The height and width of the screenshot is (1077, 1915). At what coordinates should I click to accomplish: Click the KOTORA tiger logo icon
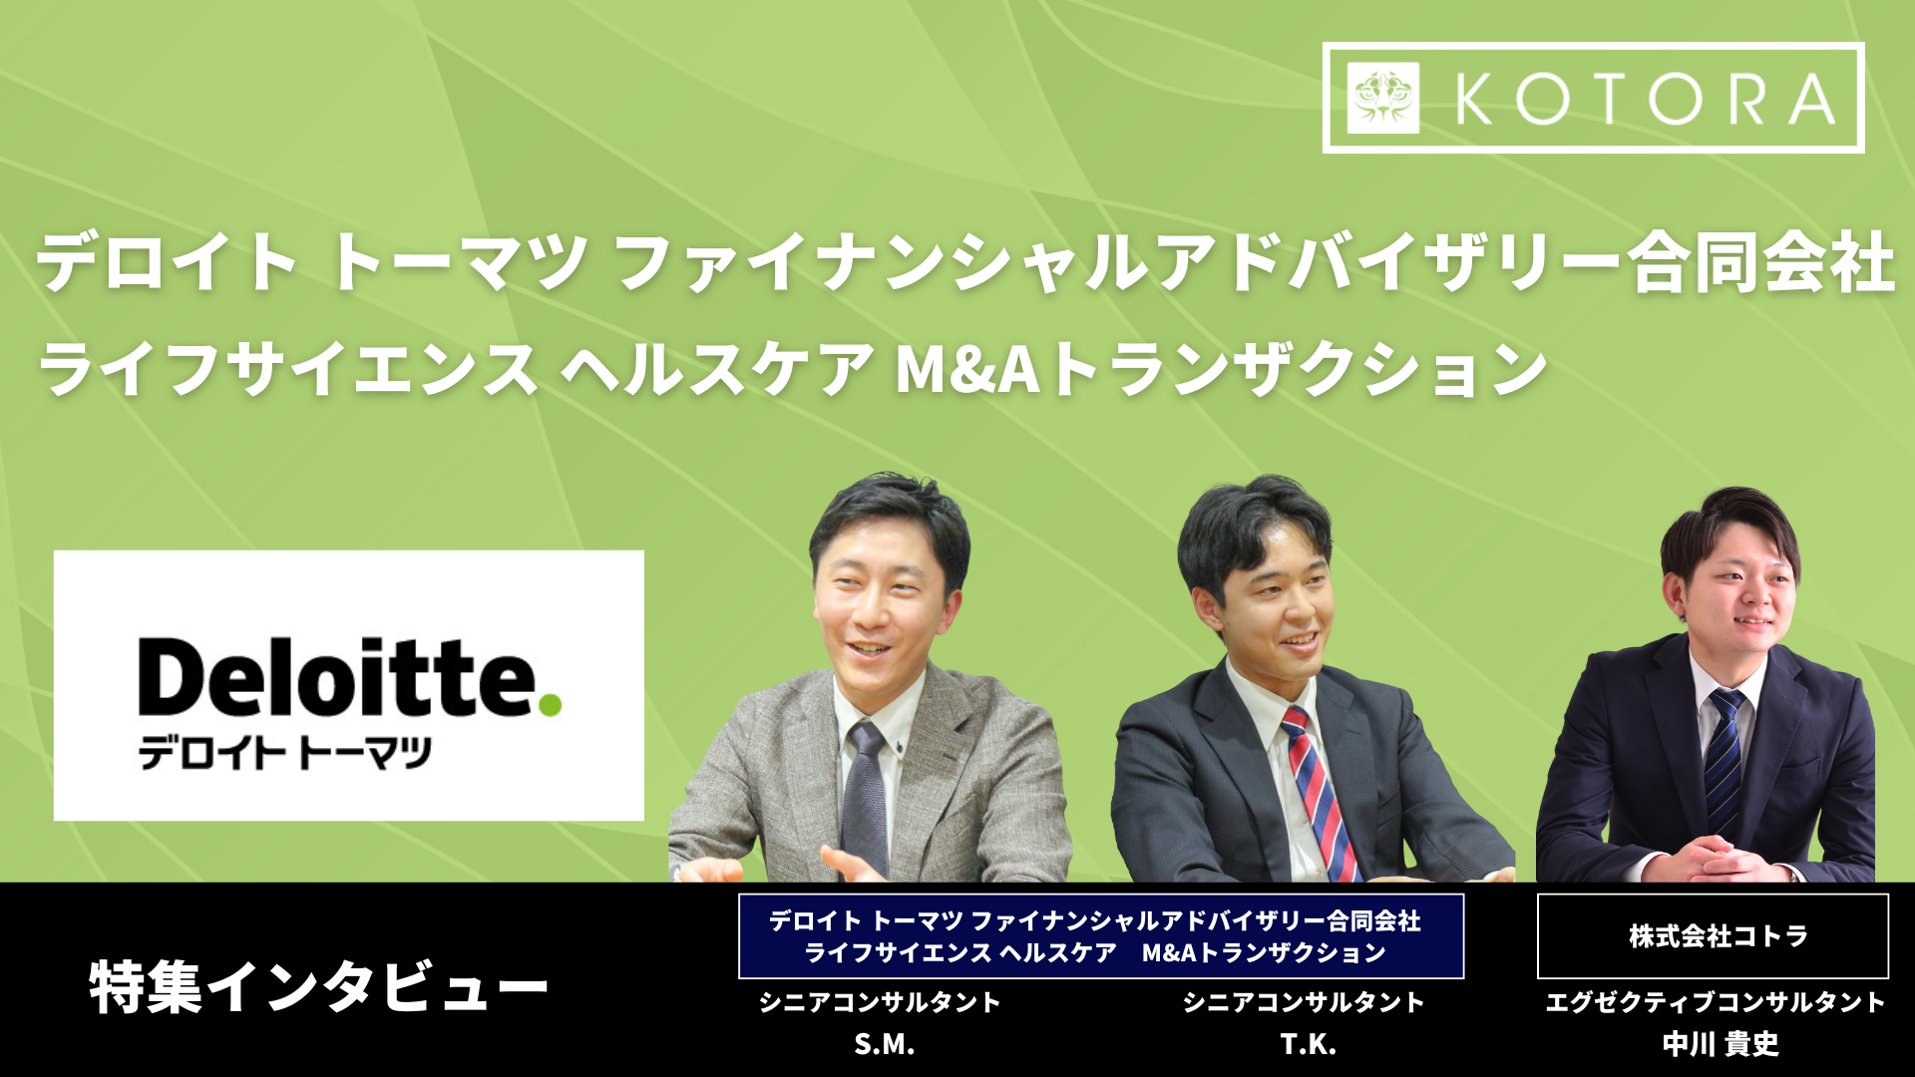[1382, 98]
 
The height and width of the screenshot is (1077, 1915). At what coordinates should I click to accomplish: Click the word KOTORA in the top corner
[1646, 99]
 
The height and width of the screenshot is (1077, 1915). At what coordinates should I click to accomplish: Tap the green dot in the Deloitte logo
[550, 705]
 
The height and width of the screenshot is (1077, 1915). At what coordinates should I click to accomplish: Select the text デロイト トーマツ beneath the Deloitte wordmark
[284, 753]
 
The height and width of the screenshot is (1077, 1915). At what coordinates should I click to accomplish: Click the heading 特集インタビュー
[318, 987]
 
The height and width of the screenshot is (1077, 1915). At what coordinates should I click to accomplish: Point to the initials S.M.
[884, 1044]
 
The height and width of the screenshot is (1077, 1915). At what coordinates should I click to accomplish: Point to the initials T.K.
[1308, 1044]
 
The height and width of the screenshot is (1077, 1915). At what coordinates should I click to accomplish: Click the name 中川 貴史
[1721, 1044]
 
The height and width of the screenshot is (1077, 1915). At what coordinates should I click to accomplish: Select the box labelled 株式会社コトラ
[1713, 935]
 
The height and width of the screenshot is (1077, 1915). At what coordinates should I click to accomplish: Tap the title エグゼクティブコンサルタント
[1715, 1001]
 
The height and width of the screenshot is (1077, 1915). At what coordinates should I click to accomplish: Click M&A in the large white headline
[967, 369]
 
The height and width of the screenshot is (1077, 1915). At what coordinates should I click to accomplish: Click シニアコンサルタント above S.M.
[880, 1001]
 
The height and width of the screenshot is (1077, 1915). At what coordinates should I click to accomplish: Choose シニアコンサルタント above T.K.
[1304, 1001]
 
